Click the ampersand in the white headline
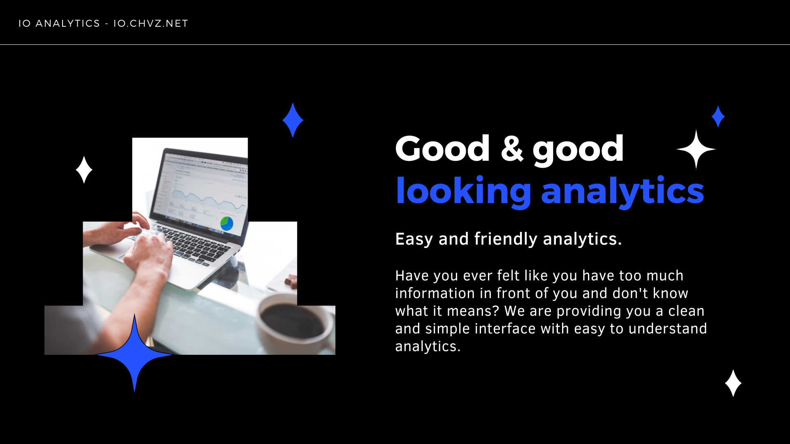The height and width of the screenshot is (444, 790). (x=512, y=148)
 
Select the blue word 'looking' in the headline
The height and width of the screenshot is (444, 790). (x=464, y=192)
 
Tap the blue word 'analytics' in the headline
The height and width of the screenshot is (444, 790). (x=622, y=192)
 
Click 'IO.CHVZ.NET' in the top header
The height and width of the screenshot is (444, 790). (x=151, y=23)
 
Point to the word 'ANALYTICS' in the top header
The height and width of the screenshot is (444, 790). (x=68, y=23)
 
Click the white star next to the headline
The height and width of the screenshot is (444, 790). (x=696, y=149)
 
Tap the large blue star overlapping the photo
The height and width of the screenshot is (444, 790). (x=135, y=354)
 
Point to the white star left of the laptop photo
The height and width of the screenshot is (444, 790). (x=84, y=170)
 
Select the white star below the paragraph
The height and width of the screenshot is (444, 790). (x=733, y=383)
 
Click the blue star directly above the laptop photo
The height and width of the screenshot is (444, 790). (x=293, y=120)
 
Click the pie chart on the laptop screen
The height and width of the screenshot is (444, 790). (x=227, y=224)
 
